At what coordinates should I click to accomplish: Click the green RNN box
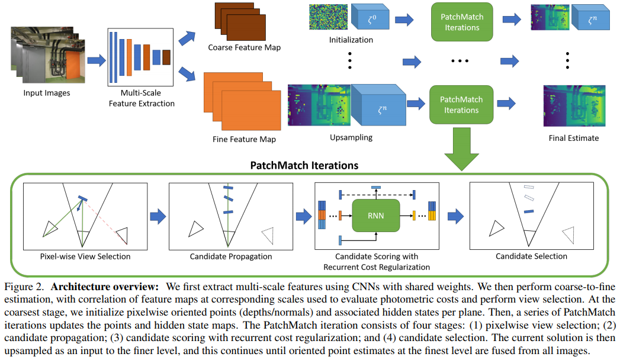376,216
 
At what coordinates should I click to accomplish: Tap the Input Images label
47,93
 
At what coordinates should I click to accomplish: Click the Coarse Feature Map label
244,47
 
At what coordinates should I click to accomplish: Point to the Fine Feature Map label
244,140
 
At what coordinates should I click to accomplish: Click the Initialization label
351,40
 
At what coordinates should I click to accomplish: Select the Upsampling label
351,137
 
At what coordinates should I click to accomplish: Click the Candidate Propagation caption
231,256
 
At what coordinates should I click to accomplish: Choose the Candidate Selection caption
531,256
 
